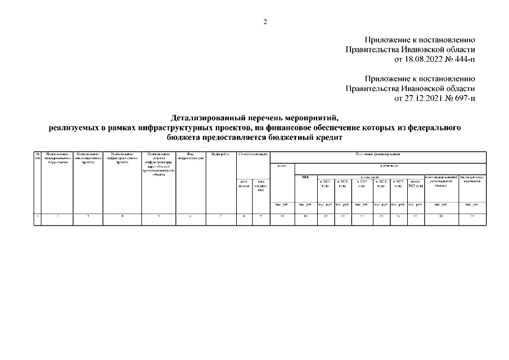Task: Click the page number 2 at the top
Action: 265,22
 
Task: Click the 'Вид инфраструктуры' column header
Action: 191,156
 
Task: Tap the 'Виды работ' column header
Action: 220,154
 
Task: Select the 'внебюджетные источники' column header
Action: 472,179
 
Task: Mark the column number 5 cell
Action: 159,215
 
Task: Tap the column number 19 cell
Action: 472,215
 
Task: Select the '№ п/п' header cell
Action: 37,156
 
